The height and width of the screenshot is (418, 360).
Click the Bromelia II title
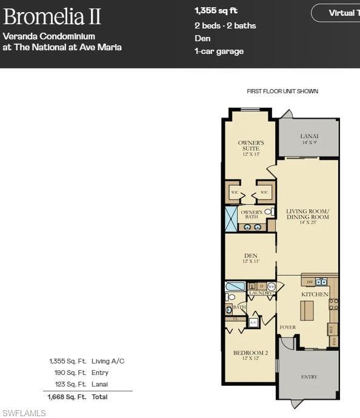pos(52,16)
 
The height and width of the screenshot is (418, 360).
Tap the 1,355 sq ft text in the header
pos(215,11)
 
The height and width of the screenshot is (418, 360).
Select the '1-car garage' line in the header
pos(219,51)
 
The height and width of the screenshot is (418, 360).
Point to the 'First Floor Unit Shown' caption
pos(282,91)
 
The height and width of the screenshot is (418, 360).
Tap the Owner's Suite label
pos(250,145)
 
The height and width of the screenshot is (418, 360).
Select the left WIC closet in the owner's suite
pos(235,193)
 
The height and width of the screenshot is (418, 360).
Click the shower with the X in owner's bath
pos(231,219)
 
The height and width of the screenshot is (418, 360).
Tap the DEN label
pos(250,258)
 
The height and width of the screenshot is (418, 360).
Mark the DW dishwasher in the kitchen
pos(309,282)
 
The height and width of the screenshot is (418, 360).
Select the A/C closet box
pos(253,323)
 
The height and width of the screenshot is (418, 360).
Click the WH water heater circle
pos(271,286)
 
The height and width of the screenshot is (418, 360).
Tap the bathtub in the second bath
pos(235,286)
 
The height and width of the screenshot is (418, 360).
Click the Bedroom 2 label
pos(250,356)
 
